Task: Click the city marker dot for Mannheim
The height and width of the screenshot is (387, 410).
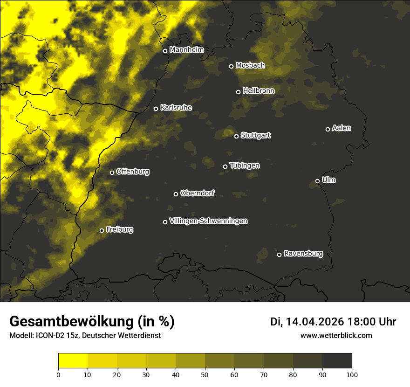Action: pyautogui.click(x=165, y=51)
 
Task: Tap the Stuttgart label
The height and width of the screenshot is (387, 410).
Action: pyautogui.click(x=255, y=135)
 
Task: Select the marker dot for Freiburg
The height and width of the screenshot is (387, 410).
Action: pyautogui.click(x=102, y=230)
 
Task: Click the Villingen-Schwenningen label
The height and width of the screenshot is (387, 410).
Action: pyautogui.click(x=208, y=221)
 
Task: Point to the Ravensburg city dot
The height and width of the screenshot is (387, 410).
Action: pyautogui.click(x=280, y=255)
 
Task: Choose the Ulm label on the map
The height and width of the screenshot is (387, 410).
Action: pyautogui.click(x=328, y=180)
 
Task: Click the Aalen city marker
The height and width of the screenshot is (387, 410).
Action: pyautogui.click(x=328, y=129)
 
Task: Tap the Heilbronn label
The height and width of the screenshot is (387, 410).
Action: pyautogui.click(x=259, y=91)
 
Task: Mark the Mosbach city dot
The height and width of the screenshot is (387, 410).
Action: pyautogui.click(x=231, y=66)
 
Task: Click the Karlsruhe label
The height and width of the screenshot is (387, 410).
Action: pyautogui.click(x=176, y=108)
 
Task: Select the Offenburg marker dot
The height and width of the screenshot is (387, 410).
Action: pyautogui.click(x=112, y=173)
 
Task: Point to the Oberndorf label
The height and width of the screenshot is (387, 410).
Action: pyautogui.click(x=197, y=193)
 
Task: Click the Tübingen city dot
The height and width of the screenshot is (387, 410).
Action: pyautogui.click(x=225, y=166)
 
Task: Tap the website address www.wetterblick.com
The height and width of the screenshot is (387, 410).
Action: pyautogui.click(x=336, y=335)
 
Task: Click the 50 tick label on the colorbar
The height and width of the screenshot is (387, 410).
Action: pyautogui.click(x=205, y=374)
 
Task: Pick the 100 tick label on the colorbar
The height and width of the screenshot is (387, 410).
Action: pyautogui.click(x=352, y=374)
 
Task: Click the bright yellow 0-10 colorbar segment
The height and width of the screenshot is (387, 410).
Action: pyautogui.click(x=73, y=361)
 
